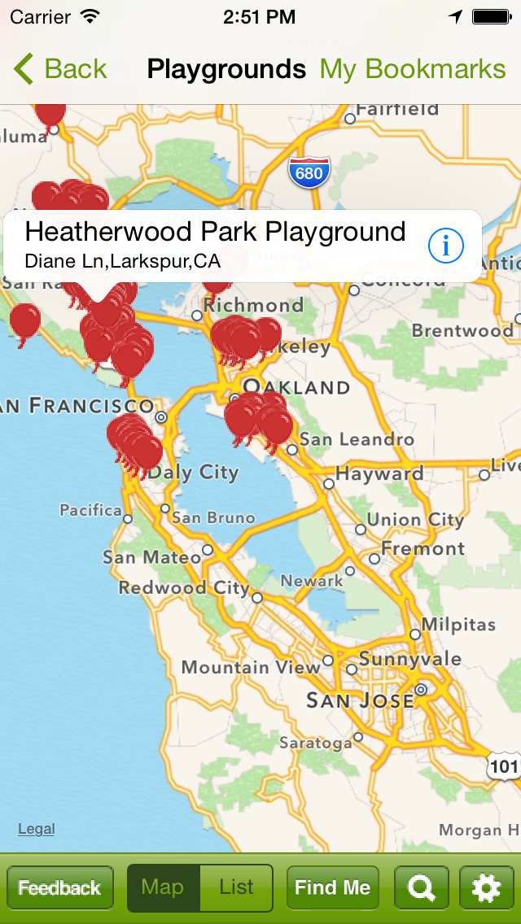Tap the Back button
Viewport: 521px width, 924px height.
point(61,69)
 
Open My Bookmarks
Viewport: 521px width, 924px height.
point(413,69)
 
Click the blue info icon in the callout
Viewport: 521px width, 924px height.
point(445,245)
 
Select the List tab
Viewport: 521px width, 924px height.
point(236,887)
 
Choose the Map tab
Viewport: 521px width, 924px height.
point(163,887)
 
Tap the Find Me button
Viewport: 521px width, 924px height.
point(332,887)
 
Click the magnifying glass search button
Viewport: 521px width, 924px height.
point(421,887)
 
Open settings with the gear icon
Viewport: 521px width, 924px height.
point(486,887)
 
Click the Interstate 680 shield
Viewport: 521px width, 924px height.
point(309,172)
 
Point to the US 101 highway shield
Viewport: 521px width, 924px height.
point(504,765)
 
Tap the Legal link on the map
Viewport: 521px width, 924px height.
point(37,829)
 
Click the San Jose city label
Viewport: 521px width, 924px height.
point(359,700)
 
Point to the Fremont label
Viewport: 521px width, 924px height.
point(422,548)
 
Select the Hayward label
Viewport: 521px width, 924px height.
point(379,473)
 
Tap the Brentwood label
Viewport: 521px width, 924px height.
point(462,330)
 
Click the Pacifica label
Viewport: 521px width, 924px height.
point(90,510)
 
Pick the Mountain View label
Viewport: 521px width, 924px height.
point(251,667)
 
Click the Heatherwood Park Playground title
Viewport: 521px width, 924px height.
point(215,232)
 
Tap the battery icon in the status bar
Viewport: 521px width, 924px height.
point(491,16)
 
